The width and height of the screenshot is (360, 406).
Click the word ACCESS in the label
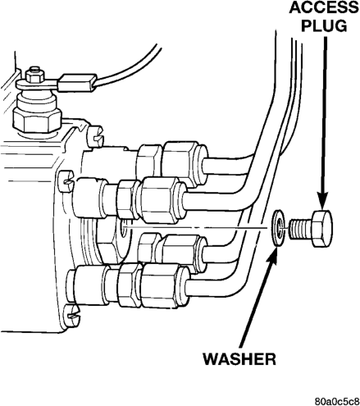point(324,7)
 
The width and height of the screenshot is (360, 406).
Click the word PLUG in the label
point(324,26)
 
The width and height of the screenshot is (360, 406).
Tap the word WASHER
point(239,359)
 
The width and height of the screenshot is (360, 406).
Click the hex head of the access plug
point(322,229)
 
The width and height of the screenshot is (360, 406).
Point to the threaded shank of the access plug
point(300,229)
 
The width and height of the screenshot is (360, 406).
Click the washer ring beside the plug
point(279,228)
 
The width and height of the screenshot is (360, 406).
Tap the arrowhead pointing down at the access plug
point(322,202)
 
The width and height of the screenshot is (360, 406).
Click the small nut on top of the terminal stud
point(34,74)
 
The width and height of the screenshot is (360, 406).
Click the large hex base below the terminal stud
point(38,121)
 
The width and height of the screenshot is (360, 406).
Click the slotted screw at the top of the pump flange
point(96,135)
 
